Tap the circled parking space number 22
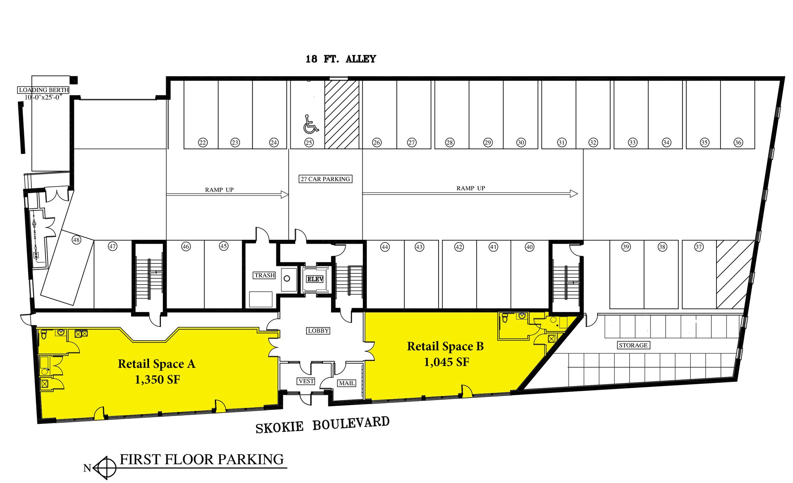203,142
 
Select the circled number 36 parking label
738,142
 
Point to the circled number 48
77,240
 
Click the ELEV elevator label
315,279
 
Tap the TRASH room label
264,275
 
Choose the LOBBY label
318,331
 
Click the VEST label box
306,381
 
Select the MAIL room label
347,383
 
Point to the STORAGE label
633,345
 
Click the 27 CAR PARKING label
326,179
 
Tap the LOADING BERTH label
44,90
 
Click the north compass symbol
105,468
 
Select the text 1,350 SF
157,380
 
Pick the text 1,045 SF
446,362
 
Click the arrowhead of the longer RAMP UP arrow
574,194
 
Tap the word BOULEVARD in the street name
351,423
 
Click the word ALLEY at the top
361,59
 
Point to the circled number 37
699,247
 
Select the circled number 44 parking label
385,247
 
